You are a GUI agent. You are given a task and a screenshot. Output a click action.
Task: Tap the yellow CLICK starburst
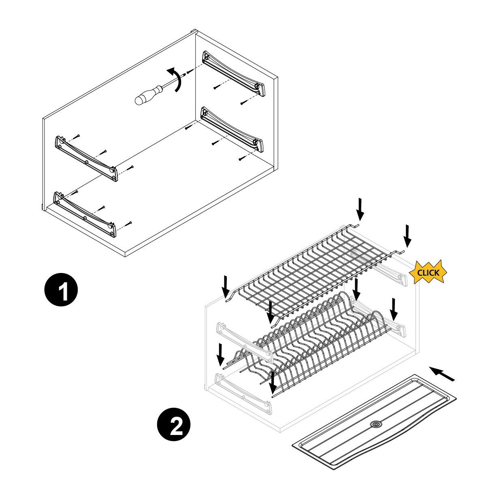coord(428,273)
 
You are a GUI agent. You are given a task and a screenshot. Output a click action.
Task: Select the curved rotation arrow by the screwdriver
coord(176,79)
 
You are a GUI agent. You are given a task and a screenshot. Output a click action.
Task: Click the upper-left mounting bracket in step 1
coord(86,158)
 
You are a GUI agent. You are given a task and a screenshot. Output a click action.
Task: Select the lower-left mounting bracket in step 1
coord(85,214)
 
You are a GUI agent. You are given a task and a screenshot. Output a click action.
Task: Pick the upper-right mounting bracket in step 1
coord(234,73)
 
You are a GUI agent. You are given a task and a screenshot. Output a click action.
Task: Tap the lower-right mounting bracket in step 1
coord(232,129)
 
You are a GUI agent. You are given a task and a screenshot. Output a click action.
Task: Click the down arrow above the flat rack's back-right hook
coord(360,209)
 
